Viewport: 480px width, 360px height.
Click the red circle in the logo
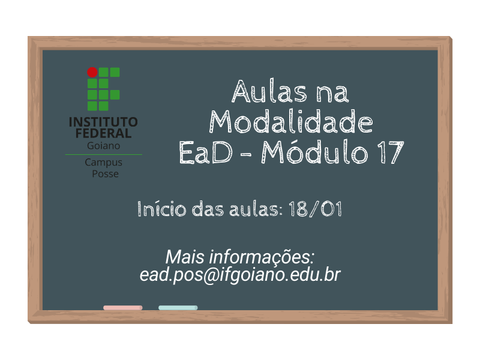(x=92, y=72)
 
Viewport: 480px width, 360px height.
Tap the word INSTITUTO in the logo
(x=103, y=122)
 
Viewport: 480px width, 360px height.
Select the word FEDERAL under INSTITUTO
(x=103, y=133)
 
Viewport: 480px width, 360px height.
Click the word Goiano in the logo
(x=103, y=145)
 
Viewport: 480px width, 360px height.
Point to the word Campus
(x=103, y=162)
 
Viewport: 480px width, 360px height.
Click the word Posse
(x=106, y=173)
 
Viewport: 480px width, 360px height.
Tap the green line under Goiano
(x=103, y=155)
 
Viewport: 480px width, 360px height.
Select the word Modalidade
(x=291, y=122)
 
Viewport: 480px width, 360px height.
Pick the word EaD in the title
(x=206, y=152)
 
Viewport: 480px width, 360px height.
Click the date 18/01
(x=315, y=209)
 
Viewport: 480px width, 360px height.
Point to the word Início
(x=161, y=208)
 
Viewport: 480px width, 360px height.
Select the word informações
(x=262, y=257)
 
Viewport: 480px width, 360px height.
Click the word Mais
(x=185, y=257)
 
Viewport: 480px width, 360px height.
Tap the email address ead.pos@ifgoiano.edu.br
(x=240, y=275)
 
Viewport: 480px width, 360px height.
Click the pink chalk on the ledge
(x=123, y=308)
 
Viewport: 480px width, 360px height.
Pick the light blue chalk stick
(x=178, y=308)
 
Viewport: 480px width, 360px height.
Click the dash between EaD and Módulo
(x=246, y=154)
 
